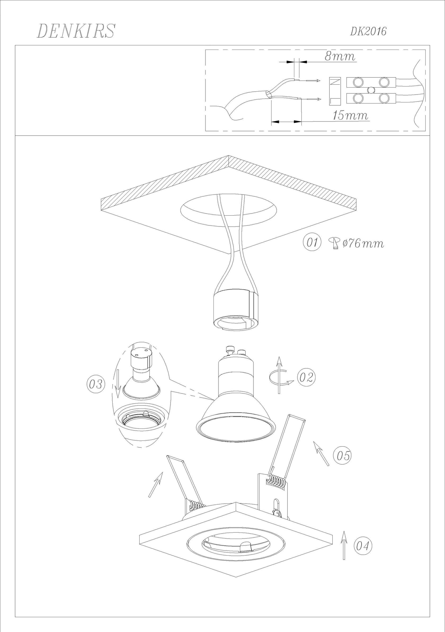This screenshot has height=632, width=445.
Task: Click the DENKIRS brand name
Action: [75, 31]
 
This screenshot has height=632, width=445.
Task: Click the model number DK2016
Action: [368, 32]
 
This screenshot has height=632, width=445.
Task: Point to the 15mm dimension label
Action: [350, 115]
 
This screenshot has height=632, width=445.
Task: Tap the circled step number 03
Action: [96, 384]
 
